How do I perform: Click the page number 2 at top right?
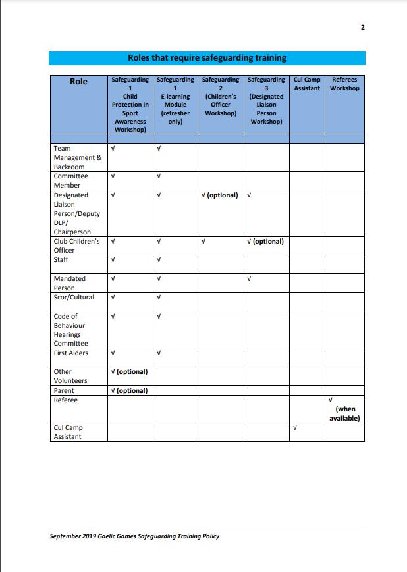[363, 27]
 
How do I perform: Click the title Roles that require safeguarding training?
[207, 58]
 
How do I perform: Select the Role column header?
[78, 82]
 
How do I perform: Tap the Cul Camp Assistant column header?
[306, 84]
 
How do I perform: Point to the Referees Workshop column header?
[344, 84]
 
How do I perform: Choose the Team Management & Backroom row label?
[77, 157]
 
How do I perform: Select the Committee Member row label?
[70, 180]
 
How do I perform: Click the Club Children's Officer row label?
[76, 246]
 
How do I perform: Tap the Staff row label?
[61, 260]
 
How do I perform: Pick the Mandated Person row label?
[69, 283]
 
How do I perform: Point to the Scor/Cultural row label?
[74, 298]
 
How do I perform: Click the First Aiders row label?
[70, 353]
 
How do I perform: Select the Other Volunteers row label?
[70, 376]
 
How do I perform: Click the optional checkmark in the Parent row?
[130, 390]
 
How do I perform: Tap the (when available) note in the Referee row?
[344, 413]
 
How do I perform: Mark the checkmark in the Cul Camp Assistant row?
[294, 428]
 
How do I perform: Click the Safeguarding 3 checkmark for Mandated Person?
[249, 279]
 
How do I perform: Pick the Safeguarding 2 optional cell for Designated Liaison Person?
[220, 195]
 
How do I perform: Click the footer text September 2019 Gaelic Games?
[134, 536]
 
